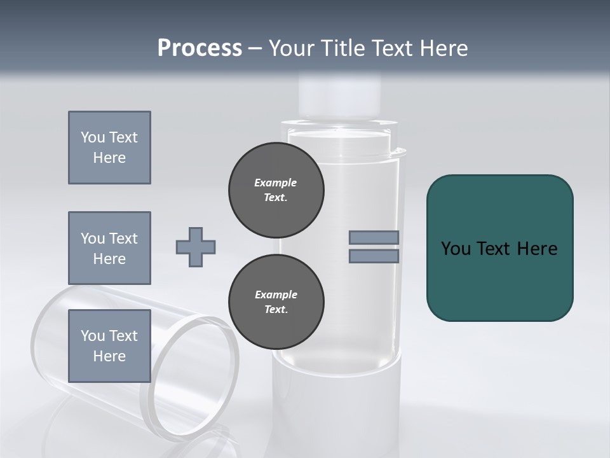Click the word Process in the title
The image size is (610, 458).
coord(200,48)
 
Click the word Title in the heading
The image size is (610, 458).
coord(342,48)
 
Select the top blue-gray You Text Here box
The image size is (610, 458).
coord(109,148)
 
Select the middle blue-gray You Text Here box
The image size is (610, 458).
coord(109,248)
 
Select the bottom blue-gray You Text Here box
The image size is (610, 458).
coord(109,345)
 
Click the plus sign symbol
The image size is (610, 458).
coord(195,247)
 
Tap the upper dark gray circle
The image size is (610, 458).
coord(276,190)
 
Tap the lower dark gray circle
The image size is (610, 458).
coord(276,302)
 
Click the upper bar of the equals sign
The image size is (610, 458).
coord(374,237)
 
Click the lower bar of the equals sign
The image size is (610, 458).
coord(374,256)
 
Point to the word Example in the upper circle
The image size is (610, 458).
coord(275,183)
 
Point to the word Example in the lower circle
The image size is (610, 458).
coord(275,295)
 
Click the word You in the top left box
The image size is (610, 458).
coord(91,137)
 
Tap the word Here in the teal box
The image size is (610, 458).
coord(537,249)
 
